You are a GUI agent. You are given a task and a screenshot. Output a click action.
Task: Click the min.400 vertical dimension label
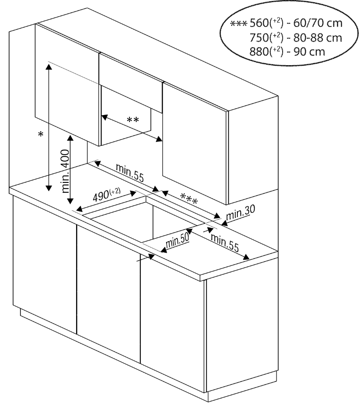point(65,171)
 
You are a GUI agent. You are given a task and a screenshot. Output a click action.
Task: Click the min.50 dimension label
point(178,240)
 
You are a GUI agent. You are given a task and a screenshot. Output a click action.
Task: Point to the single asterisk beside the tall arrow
point(40,135)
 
